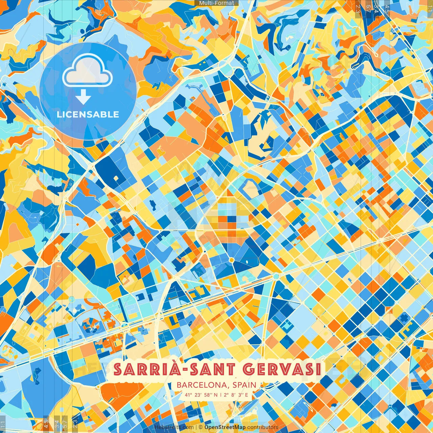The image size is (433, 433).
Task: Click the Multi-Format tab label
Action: pyautogui.click(x=216, y=3)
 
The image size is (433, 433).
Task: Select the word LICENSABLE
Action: pyautogui.click(x=88, y=114)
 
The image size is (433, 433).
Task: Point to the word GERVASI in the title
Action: pyautogui.click(x=282, y=369)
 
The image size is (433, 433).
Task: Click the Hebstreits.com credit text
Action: pyautogui.click(x=174, y=427)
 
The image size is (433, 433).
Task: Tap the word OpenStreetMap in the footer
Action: pyautogui.click(x=225, y=427)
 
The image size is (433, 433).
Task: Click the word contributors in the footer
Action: pyautogui.click(x=263, y=427)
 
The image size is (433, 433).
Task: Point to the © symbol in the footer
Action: pyautogui.click(x=200, y=427)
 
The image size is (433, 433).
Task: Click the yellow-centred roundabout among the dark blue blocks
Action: pyautogui.click(x=231, y=260)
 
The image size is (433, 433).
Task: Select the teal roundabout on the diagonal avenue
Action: pyautogui.click(x=276, y=276)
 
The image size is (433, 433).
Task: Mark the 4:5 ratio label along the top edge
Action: pyautogui.click(x=387, y=7)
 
